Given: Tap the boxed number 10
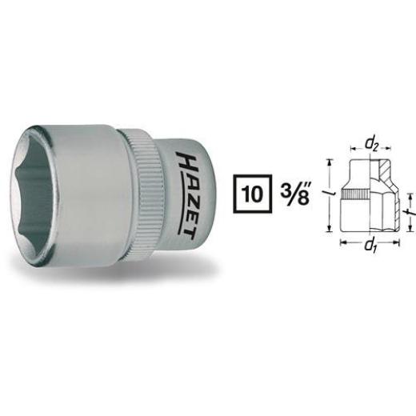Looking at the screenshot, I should [x=250, y=196].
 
